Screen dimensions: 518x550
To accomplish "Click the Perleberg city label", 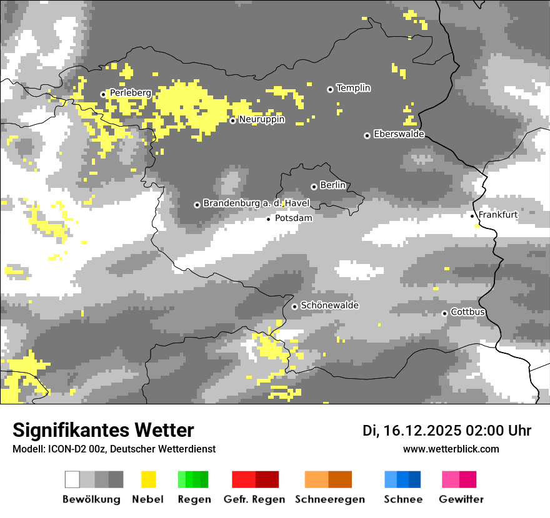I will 130,93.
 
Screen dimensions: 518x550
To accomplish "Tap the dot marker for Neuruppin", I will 232,120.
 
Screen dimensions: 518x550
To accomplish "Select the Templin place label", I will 353,88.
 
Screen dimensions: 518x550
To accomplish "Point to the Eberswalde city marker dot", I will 367,135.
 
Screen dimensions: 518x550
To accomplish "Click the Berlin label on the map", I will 332,185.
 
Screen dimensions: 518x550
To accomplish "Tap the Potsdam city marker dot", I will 269,219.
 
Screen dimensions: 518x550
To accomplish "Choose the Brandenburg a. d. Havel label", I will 256,203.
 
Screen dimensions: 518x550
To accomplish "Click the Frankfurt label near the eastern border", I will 497,215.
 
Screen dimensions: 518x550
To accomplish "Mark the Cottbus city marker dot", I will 444,313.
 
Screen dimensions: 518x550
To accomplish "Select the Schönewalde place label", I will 329,306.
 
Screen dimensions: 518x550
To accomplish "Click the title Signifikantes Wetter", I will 103,431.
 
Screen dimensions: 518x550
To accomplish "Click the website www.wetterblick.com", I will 451,449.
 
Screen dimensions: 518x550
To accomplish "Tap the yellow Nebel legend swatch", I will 148,479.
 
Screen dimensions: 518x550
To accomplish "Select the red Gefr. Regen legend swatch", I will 255,479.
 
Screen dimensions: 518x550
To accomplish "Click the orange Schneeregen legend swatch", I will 328,479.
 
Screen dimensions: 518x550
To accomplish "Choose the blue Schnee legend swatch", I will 402,479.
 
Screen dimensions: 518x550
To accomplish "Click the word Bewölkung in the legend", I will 91,499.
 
